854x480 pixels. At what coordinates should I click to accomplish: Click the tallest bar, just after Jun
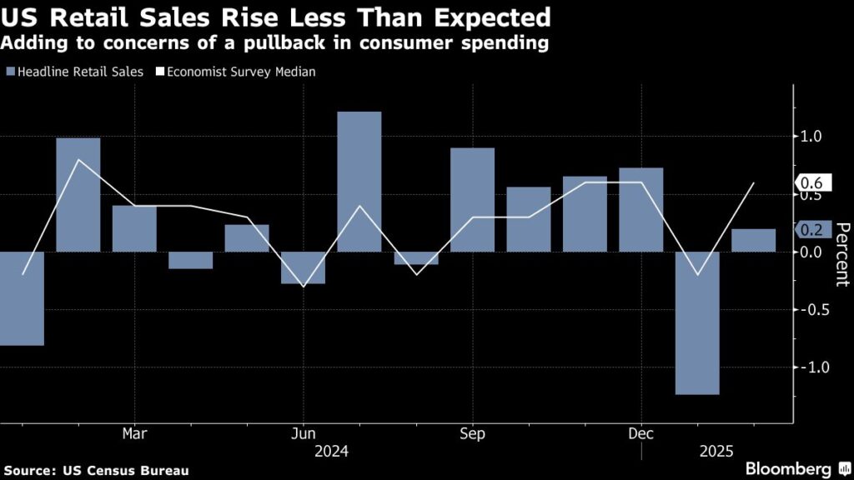[x=359, y=181]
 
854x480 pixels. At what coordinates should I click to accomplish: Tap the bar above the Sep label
[x=472, y=199]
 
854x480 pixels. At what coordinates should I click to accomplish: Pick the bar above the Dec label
[x=641, y=209]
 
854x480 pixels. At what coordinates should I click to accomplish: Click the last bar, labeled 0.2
[x=753, y=240]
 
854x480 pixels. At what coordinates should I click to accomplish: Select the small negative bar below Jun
[x=304, y=267]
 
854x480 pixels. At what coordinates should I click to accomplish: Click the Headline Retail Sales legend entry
[x=75, y=72]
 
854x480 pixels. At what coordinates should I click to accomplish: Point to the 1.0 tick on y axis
[x=810, y=136]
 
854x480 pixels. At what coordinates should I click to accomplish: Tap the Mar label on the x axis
[x=134, y=433]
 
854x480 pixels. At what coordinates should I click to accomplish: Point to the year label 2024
[x=331, y=452]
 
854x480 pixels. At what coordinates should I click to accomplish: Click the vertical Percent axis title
[x=841, y=254]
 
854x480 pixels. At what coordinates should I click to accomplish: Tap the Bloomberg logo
[x=787, y=469]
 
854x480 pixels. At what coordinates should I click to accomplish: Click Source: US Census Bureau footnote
[x=95, y=471]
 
